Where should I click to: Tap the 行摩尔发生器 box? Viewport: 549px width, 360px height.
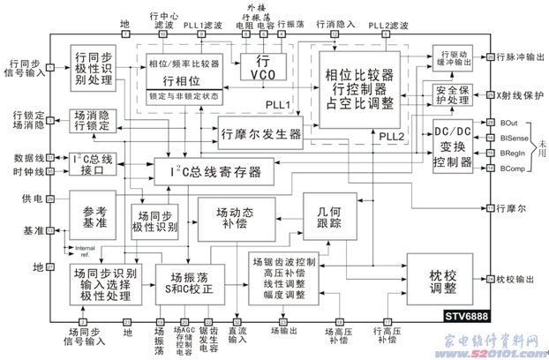pos(259,134)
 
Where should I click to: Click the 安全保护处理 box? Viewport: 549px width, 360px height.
pos(450,94)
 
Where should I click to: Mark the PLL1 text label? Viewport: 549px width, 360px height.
pos(279,105)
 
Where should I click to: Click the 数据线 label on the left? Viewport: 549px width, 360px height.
pos(26,157)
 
